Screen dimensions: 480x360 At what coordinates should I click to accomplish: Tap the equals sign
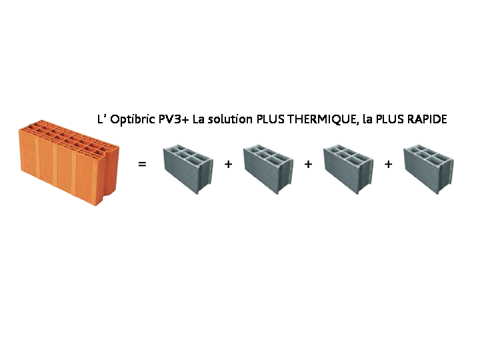pyautogui.click(x=142, y=165)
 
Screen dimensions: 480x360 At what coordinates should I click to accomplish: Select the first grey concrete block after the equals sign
pyautogui.click(x=188, y=169)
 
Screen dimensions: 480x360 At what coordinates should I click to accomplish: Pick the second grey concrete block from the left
pyautogui.click(x=268, y=169)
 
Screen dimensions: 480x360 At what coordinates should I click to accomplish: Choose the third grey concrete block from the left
pyautogui.click(x=349, y=169)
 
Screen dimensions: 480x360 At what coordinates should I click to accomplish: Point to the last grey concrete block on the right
pyautogui.click(x=429, y=169)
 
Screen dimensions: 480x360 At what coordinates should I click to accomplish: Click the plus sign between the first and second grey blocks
pyautogui.click(x=229, y=165)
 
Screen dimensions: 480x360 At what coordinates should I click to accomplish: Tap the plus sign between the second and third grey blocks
pyautogui.click(x=308, y=165)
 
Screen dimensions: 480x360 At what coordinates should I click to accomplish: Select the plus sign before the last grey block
pyautogui.click(x=389, y=165)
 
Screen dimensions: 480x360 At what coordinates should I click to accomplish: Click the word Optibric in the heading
pyautogui.click(x=133, y=119)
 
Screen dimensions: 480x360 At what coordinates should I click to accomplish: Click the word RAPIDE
pyautogui.click(x=427, y=119)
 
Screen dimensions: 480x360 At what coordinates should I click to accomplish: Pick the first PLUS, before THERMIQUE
pyautogui.click(x=270, y=119)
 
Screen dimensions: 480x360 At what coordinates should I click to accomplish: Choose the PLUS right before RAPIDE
pyautogui.click(x=390, y=119)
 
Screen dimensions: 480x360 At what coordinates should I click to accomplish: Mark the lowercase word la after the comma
pyautogui.click(x=367, y=119)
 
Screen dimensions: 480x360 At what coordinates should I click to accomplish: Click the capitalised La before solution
pyautogui.click(x=199, y=119)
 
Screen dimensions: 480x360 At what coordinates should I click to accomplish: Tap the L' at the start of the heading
pyautogui.click(x=101, y=119)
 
